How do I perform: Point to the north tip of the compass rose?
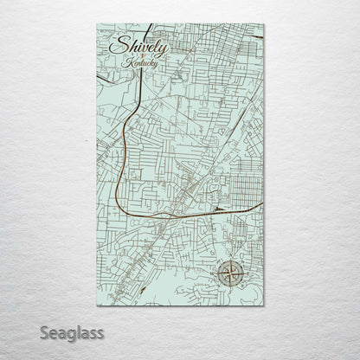pos(230,259)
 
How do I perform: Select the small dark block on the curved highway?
pos(216,209)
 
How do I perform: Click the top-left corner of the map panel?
pos(98,24)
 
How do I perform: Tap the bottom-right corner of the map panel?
pos(264,305)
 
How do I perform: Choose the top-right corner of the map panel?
pos(264,24)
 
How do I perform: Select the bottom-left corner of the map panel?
pos(98,305)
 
